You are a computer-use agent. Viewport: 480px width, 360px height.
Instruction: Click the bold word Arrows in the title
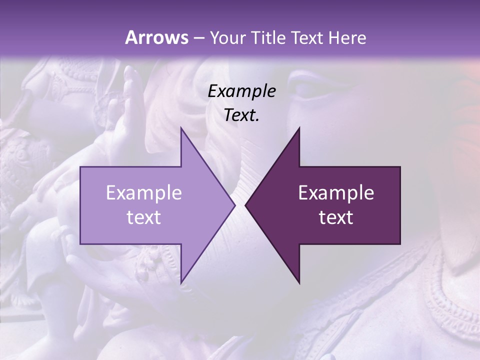click(156, 37)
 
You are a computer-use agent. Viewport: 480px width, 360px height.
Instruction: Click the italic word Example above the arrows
click(241, 91)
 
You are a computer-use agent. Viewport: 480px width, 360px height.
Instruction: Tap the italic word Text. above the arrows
click(241, 115)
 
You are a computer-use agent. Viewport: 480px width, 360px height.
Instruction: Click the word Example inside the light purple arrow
click(143, 193)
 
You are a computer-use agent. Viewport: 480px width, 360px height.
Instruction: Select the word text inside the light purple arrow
click(143, 217)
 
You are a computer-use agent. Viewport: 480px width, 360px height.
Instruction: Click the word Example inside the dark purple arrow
click(336, 193)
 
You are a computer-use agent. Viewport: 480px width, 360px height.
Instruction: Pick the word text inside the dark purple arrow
click(336, 217)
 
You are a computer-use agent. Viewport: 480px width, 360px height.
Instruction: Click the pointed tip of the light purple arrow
click(234, 205)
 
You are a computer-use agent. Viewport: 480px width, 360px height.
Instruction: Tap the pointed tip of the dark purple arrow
click(245, 205)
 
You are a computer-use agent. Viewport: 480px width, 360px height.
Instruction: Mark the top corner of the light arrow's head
click(181, 128)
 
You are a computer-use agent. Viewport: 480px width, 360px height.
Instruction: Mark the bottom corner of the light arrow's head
click(181, 283)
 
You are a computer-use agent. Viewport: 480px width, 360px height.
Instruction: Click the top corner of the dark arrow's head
click(299, 128)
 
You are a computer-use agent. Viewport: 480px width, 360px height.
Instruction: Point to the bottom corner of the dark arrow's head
click(299, 283)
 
